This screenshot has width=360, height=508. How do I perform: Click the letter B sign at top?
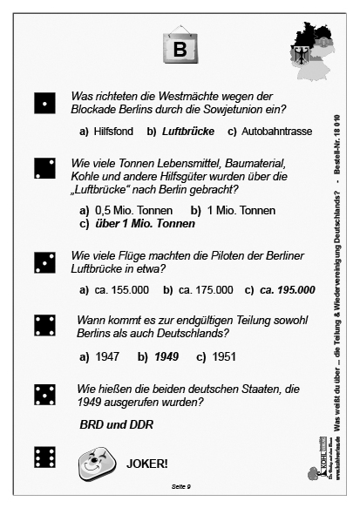click(180, 48)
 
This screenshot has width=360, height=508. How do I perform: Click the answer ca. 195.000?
click(288, 289)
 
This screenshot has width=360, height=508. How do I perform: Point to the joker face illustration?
click(92, 464)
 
